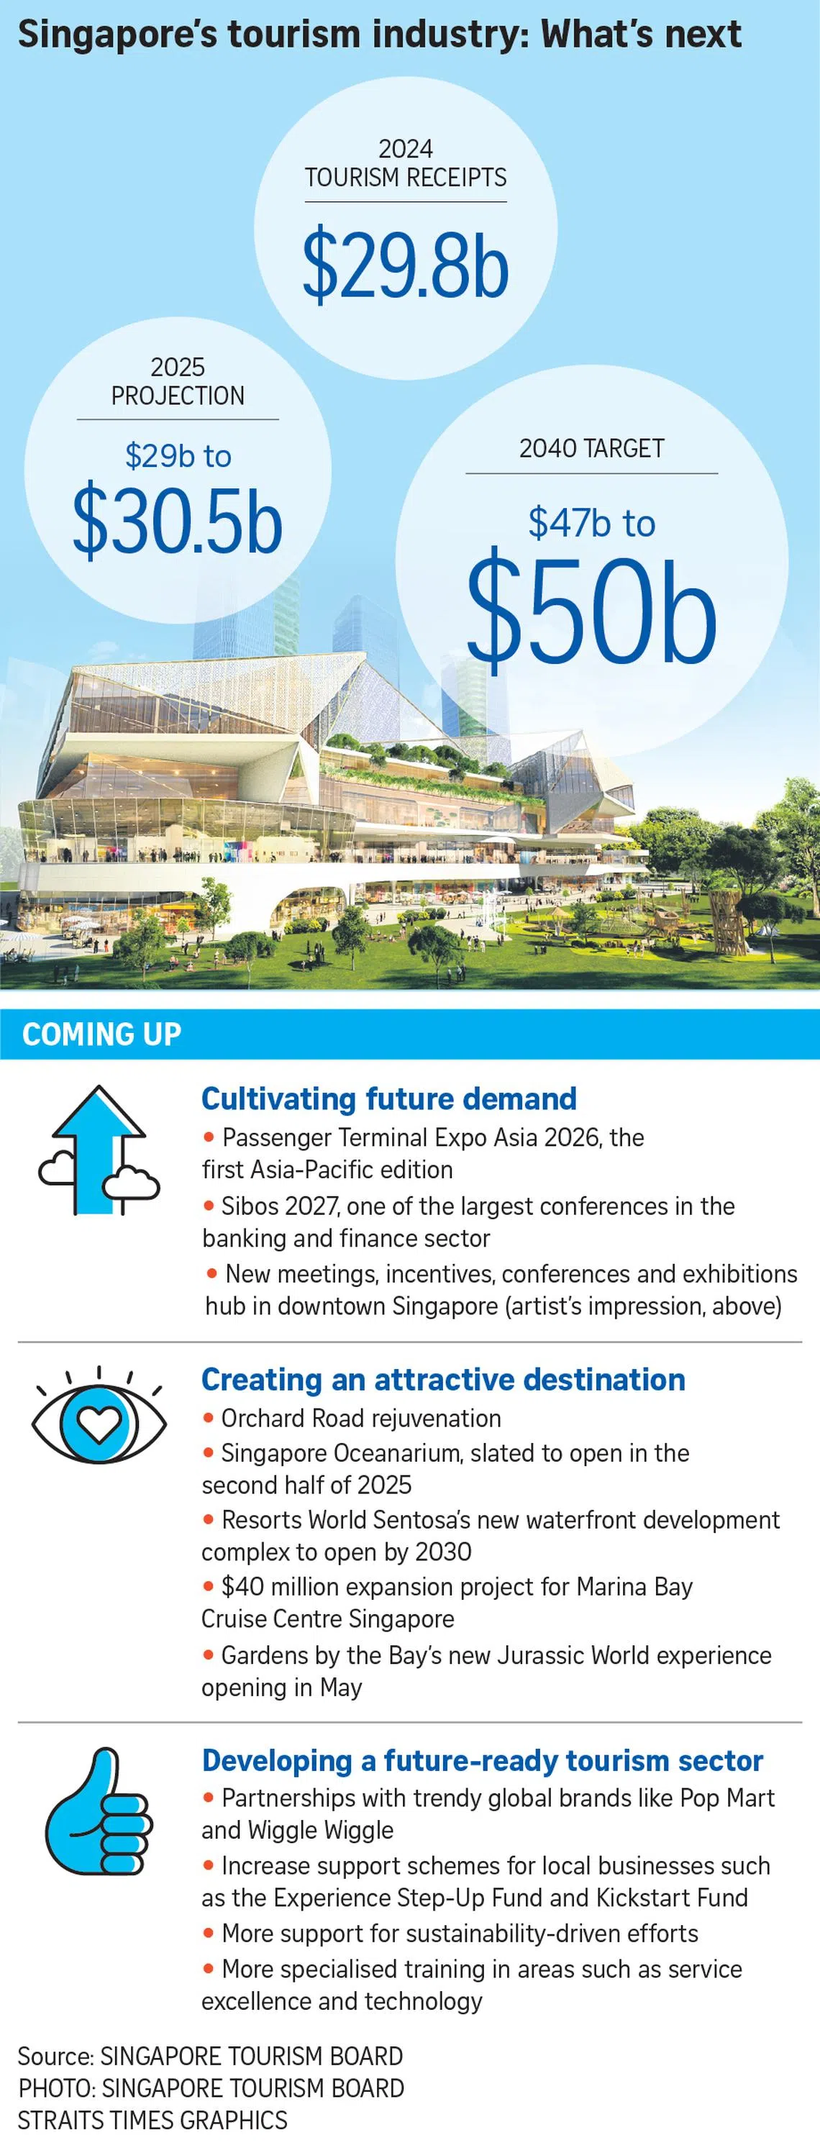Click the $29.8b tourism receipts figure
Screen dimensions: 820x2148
click(x=406, y=265)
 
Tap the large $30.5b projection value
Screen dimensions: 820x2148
click(x=178, y=521)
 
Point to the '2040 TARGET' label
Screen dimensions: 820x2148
click(x=591, y=449)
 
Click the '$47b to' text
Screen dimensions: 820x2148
click(x=591, y=523)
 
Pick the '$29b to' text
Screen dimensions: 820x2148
click(x=178, y=456)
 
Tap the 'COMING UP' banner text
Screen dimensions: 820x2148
click(x=101, y=1034)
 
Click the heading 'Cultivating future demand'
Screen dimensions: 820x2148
click(x=388, y=1099)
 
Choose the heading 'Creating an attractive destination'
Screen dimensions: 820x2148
click(x=443, y=1380)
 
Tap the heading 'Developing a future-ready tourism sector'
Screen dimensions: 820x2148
click(x=482, y=1760)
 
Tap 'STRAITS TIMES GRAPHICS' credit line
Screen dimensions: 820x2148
click(x=152, y=2121)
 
